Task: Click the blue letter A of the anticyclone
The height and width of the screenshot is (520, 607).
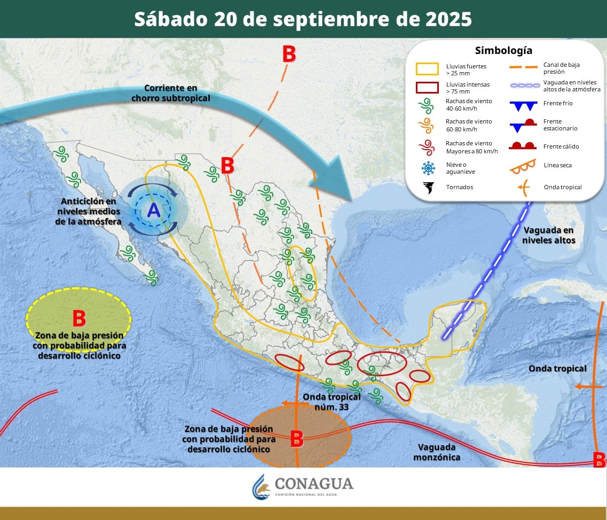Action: pos(154,211)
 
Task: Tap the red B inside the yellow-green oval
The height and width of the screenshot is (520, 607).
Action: pos(79,319)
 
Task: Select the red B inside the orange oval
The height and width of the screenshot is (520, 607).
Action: pos(297,439)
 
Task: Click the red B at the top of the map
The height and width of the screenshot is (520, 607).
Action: pos(289,54)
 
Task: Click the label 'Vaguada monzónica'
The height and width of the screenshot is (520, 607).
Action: pos(437,452)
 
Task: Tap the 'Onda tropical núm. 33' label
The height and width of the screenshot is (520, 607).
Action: pos(332,401)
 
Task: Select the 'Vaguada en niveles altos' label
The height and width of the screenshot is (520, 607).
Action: pos(548,235)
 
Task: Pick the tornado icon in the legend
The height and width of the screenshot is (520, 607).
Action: pos(429,187)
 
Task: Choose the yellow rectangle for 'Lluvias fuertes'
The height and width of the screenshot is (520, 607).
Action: pos(427,68)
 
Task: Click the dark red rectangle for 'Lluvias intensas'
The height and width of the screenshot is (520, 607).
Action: pos(427,87)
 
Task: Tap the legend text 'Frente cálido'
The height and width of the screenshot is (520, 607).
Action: pos(561,146)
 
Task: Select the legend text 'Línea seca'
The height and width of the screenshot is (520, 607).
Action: pos(557,165)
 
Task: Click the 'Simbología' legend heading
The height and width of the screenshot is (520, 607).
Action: pos(503,51)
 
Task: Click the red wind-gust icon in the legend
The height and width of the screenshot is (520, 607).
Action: pos(428,147)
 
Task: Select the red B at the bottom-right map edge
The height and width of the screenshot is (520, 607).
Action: pos(600,459)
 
